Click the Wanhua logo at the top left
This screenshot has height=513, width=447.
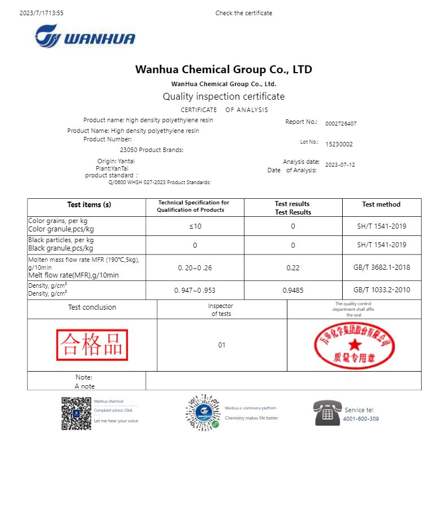pos(85,37)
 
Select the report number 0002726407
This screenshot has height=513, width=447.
pos(341,123)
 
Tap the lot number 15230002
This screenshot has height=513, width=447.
pos(339,144)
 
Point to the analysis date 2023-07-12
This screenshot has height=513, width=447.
pos(340,165)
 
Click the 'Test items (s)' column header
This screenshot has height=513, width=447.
pos(89,205)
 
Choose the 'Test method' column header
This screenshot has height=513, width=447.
pos(381,204)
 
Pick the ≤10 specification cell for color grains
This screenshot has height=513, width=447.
pos(194,226)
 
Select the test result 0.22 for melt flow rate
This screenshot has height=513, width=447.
pos(293,267)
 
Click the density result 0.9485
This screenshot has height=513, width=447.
pos(293,290)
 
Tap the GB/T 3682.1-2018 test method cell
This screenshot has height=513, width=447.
pos(381,267)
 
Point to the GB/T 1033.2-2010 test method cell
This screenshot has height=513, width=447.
pos(381,290)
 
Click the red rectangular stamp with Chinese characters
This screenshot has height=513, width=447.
pos(92,345)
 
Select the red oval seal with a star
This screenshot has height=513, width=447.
pos(353,345)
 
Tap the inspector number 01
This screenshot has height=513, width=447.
pos(222,345)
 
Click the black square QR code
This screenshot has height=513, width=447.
pos(76,413)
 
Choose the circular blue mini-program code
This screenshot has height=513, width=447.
pos(202,413)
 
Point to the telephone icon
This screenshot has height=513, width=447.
pos(327,413)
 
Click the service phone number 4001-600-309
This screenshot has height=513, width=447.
pos(361,419)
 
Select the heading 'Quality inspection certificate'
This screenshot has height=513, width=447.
pos(223,96)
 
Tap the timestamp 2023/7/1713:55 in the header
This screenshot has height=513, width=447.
pos(41,13)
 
